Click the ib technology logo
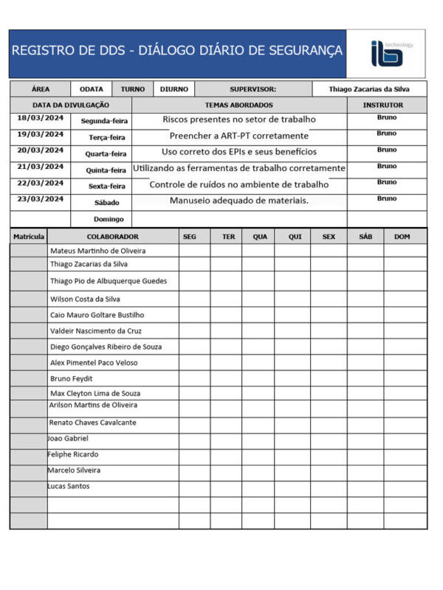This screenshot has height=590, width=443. [x=386, y=54]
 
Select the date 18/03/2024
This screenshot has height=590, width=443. [x=40, y=118]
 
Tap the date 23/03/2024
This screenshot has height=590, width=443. [x=40, y=199]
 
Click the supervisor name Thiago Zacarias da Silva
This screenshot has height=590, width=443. [x=368, y=89]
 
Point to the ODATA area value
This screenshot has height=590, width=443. [x=92, y=89]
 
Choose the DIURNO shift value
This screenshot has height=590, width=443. [x=174, y=89]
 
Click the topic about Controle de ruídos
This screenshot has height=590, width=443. [x=239, y=184]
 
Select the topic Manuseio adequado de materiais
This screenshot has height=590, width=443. [x=239, y=200]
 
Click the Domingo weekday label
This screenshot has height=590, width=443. [x=108, y=219]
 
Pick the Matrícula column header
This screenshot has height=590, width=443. [x=29, y=237]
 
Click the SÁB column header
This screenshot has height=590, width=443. [x=365, y=237]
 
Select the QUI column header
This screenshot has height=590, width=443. [x=295, y=237]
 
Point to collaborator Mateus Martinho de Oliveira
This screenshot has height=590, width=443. [x=97, y=251]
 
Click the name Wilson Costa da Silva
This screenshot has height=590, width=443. [x=85, y=299]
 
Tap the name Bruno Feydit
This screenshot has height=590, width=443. [x=71, y=378]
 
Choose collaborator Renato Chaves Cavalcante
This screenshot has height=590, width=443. [x=92, y=423]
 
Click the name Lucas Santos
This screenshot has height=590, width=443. [x=69, y=486]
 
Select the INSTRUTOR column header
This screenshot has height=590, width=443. [x=382, y=105]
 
